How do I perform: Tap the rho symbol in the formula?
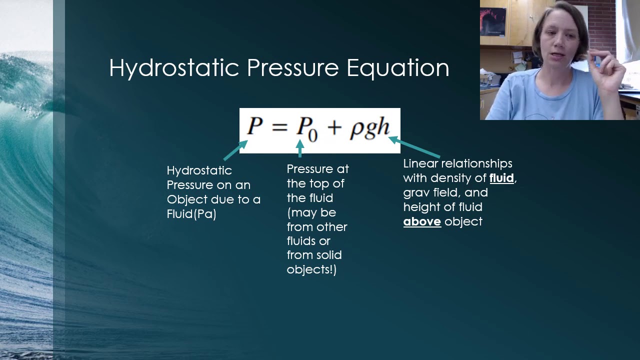(x=356, y=128)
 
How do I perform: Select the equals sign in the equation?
(x=280, y=127)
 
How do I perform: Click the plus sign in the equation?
(x=334, y=128)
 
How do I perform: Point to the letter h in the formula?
(x=382, y=127)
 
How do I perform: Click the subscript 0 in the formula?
(x=312, y=135)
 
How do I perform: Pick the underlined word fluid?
(x=501, y=178)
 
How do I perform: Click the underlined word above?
(x=422, y=221)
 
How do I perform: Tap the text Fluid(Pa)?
(x=191, y=214)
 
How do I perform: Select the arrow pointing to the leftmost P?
(x=235, y=150)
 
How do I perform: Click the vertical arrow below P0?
(x=300, y=148)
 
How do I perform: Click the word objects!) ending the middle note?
(x=311, y=269)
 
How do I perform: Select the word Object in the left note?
(x=184, y=199)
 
